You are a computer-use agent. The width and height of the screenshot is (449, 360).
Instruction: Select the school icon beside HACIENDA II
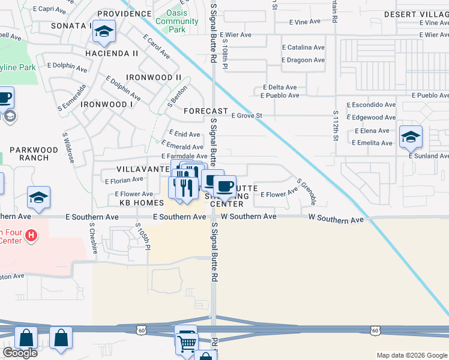(x=104, y=34)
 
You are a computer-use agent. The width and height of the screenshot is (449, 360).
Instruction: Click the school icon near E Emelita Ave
(x=411, y=137)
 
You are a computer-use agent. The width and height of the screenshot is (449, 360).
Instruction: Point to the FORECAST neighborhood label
(x=205, y=111)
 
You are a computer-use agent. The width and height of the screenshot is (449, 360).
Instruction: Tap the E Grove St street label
(x=247, y=115)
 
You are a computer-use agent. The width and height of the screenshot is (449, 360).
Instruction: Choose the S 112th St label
(x=336, y=126)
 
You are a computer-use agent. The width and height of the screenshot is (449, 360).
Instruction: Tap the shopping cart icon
(x=187, y=342)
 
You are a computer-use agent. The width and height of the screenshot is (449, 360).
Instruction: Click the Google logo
(x=20, y=353)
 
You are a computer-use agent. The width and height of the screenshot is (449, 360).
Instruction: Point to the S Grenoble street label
(x=306, y=191)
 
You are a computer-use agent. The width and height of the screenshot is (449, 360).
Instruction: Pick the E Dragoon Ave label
(x=303, y=60)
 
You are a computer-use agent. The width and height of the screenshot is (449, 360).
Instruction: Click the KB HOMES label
(x=142, y=203)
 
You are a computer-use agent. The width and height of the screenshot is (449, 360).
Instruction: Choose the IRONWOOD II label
(x=154, y=77)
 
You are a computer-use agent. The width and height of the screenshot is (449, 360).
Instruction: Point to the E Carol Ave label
(x=156, y=46)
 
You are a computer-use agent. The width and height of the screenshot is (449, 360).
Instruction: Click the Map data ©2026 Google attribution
(x=412, y=355)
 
